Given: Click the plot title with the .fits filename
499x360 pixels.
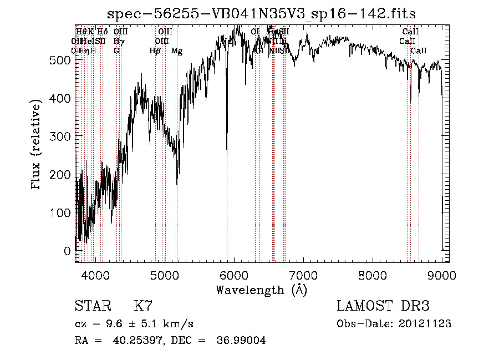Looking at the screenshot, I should click(x=262, y=13).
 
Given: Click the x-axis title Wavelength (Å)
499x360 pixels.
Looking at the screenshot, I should click(x=262, y=290).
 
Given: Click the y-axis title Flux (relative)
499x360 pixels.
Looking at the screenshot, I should click(x=37, y=145).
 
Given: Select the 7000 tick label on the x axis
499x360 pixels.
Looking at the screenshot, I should click(x=303, y=274).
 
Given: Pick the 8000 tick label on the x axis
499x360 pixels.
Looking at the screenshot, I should click(x=373, y=274).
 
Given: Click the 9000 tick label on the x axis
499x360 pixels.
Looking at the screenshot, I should click(x=442, y=274).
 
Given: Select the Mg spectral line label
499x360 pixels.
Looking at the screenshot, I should click(x=177, y=51).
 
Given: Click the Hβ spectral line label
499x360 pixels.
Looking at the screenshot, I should click(x=155, y=51).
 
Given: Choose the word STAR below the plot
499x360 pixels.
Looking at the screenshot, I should click(x=90, y=307).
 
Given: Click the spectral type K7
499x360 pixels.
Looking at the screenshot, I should click(x=143, y=307).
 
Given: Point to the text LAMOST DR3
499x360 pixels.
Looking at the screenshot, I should click(x=383, y=306).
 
